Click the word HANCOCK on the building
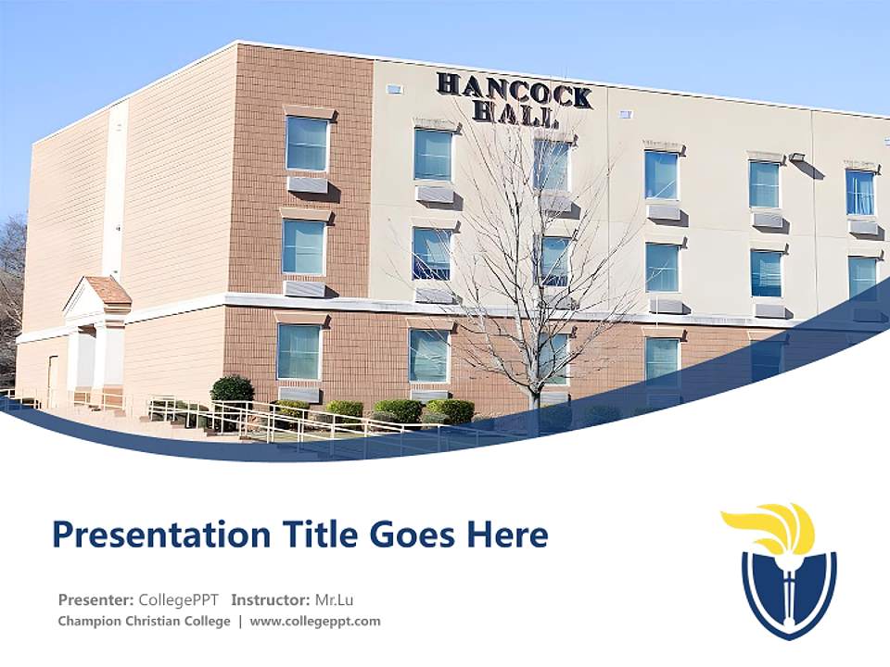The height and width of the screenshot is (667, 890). click(514, 91)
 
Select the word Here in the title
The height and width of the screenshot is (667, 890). click(509, 535)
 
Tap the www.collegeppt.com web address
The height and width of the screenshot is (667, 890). click(315, 622)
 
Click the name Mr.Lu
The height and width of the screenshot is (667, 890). click(335, 599)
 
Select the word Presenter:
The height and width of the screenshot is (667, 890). click(96, 599)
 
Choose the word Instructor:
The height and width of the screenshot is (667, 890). click(270, 599)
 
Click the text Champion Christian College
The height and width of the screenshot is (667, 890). click(144, 622)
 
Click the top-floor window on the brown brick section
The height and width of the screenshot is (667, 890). click(307, 144)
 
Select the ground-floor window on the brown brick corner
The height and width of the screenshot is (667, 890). click(299, 352)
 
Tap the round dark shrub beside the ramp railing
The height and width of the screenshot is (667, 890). click(232, 389)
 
